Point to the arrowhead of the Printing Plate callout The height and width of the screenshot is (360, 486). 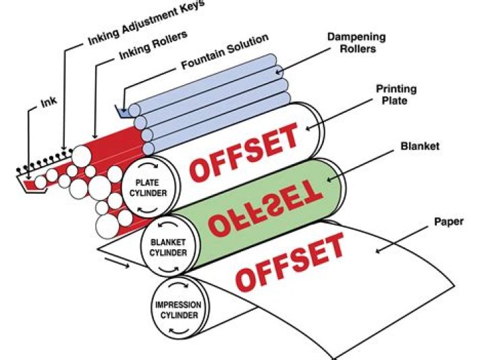309,128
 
